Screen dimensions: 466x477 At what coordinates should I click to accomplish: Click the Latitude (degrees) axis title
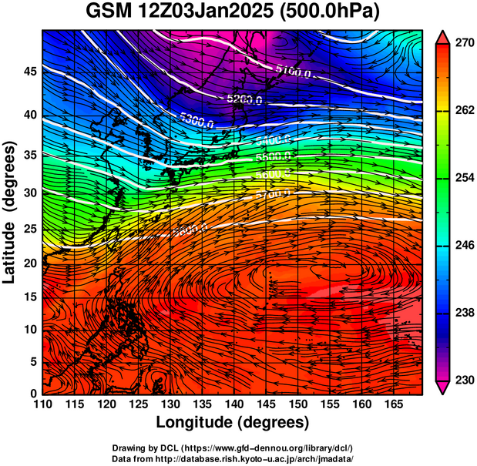pyautogui.click(x=12, y=212)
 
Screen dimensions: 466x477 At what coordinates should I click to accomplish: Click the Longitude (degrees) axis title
pyautogui.click(x=233, y=422)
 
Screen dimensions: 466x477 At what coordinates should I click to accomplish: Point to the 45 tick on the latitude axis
pyautogui.click(x=29, y=71)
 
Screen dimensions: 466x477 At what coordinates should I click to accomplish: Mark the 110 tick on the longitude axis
pyautogui.click(x=42, y=404)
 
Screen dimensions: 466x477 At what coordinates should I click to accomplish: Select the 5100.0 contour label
pyautogui.click(x=293, y=72)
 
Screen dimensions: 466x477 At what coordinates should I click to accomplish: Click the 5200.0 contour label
pyautogui.click(x=244, y=99)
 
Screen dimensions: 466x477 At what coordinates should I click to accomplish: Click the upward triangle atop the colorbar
pyautogui.click(x=443, y=36)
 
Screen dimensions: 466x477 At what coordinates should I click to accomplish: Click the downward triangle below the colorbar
pyautogui.click(x=443, y=387)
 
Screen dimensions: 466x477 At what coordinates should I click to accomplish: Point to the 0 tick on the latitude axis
pyautogui.click(x=33, y=393)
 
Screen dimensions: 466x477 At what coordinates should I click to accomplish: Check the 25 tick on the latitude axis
pyautogui.click(x=29, y=229)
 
